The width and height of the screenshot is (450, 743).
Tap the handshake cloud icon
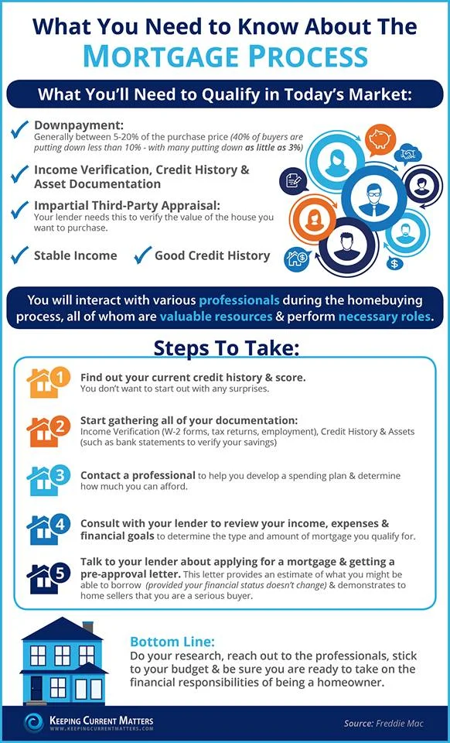[407, 154]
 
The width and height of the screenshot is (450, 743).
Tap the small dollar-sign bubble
[395, 263]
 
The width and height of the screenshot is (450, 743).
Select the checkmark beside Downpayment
[19, 129]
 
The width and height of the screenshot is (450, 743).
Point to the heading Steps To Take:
[225, 348]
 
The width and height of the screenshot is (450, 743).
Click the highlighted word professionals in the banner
[237, 300]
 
